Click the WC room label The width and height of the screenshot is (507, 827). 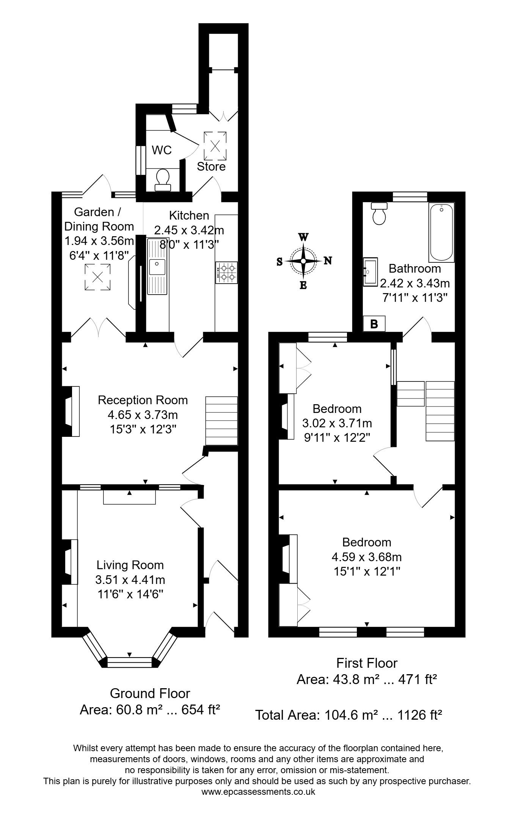(x=162, y=150)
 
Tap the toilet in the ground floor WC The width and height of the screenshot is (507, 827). (x=163, y=180)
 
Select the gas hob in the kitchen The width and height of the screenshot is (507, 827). (x=227, y=273)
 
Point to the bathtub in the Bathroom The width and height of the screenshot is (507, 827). (x=441, y=232)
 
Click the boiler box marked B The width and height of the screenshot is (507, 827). (x=374, y=324)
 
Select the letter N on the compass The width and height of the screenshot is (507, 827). (x=328, y=260)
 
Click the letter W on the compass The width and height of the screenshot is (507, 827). (x=303, y=237)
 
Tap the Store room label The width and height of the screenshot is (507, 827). (x=211, y=167)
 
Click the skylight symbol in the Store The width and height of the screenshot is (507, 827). (x=215, y=146)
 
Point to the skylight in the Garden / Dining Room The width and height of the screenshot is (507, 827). (x=97, y=277)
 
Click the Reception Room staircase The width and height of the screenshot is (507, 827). (x=221, y=421)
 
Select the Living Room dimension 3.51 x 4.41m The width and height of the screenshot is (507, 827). (x=130, y=580)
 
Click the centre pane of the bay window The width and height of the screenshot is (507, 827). (x=129, y=662)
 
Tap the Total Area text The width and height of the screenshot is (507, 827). (x=348, y=715)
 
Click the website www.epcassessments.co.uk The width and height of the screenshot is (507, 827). (x=258, y=792)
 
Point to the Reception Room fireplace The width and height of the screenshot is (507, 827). (x=71, y=411)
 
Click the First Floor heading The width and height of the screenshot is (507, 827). (x=367, y=663)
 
